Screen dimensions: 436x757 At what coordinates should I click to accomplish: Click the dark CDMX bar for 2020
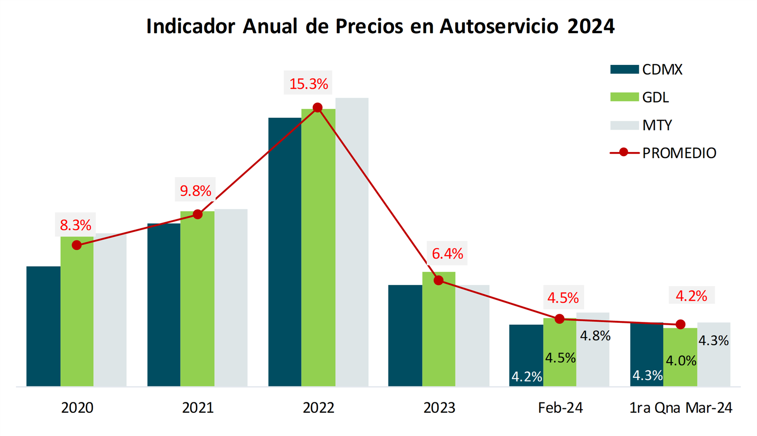point(43,326)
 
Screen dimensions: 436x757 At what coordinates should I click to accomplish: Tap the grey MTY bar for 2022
point(352,242)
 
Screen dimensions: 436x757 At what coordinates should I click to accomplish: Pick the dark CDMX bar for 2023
point(405,336)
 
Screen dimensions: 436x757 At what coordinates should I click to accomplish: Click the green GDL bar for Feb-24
point(560,353)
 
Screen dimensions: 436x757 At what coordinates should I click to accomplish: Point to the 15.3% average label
point(308,84)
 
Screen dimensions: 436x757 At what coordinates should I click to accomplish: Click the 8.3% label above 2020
point(75,225)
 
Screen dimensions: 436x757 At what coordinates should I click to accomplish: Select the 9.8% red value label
point(195,191)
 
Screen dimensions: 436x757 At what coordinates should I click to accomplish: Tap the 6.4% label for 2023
point(447,254)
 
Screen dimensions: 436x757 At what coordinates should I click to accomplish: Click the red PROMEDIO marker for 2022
point(318,108)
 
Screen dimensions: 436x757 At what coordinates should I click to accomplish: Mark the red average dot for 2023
point(439,280)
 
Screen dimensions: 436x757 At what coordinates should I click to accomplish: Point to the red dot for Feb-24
point(560,319)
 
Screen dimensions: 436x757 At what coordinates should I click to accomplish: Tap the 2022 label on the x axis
point(318,408)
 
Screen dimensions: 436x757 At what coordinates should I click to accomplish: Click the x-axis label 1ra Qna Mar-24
point(680,408)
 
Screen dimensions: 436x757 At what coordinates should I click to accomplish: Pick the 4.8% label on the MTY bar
point(595,336)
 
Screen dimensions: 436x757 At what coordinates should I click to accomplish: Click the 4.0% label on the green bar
point(681,361)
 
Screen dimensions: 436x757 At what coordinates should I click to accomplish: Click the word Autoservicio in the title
point(499,27)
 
